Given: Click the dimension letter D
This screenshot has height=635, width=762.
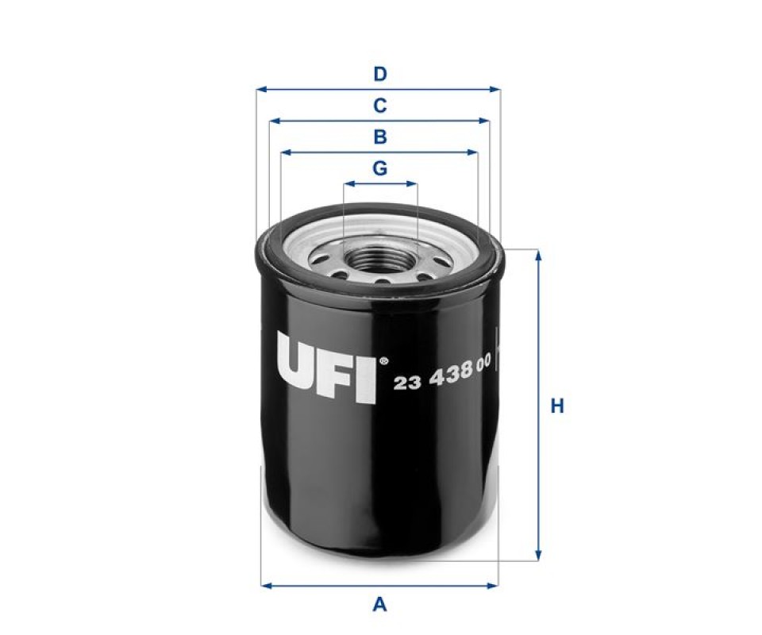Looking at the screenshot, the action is coord(380,75).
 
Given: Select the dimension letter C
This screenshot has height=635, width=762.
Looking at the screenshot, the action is coord(380,106).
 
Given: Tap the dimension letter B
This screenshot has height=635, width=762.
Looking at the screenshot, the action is coord(380,137).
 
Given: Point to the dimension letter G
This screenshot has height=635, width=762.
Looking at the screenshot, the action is coord(380,168).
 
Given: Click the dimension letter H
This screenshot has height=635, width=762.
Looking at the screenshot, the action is coord(557,406).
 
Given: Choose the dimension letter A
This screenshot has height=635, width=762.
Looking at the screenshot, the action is coord(379,605).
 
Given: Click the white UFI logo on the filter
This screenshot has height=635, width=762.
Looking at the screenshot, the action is coord(326,368).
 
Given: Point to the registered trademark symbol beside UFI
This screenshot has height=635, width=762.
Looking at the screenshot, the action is coord(383,361).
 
